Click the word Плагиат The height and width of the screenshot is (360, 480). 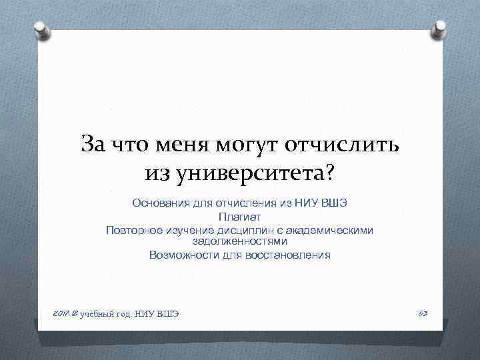239,217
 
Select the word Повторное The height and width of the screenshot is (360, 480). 133,230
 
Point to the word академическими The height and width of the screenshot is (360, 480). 333,230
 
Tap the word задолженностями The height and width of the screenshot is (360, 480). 239,241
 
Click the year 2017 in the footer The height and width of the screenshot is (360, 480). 59,313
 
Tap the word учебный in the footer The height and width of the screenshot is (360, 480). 97,313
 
